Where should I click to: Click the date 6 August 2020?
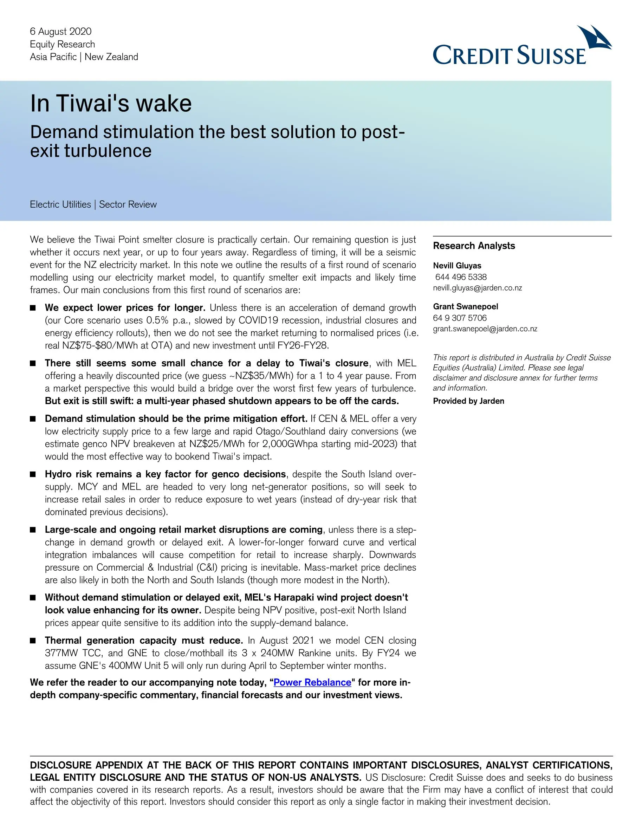tap(60, 31)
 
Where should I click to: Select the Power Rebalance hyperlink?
tap(312, 682)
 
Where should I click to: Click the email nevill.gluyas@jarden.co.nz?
tap(477, 288)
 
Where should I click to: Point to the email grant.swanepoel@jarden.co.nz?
tap(485, 329)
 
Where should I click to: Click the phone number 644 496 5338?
tap(461, 277)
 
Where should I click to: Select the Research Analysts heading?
tap(474, 246)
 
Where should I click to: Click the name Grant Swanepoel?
tap(465, 306)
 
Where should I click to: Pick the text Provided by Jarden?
tap(468, 401)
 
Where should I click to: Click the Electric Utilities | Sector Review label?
tap(93, 204)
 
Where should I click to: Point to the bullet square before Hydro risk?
tap(33, 474)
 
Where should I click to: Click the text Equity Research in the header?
tap(63, 44)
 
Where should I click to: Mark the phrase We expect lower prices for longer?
tap(125, 307)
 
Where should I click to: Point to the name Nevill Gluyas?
tap(457, 266)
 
